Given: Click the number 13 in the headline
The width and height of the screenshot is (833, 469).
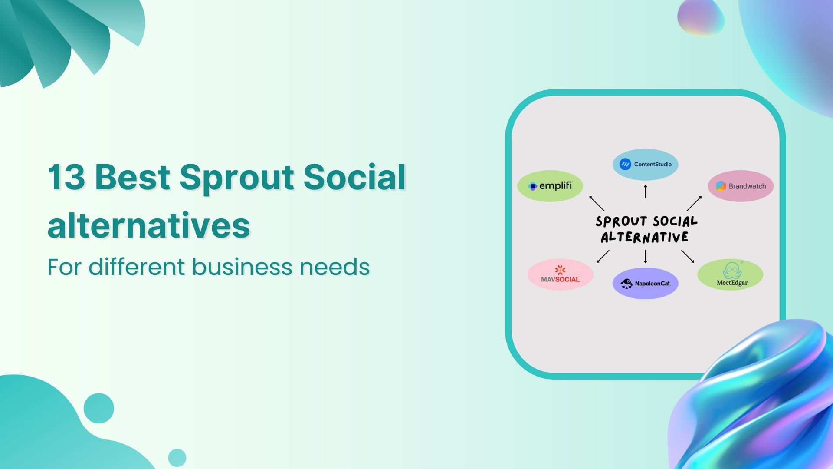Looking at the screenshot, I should (x=66, y=177).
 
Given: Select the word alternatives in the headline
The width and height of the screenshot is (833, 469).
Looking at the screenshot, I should (x=148, y=226).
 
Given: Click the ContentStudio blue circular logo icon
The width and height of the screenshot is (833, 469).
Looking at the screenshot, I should (x=625, y=164).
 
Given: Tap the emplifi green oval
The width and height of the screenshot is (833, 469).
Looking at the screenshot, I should (x=550, y=186).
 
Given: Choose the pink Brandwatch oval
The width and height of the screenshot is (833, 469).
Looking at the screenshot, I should (x=741, y=186).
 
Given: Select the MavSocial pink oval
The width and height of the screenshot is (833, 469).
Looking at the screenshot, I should (x=560, y=274).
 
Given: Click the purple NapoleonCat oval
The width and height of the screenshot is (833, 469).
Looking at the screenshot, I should (x=645, y=283).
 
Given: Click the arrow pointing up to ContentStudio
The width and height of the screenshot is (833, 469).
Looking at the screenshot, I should (x=646, y=191).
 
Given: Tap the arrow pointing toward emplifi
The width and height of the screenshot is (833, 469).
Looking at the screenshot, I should (x=597, y=203).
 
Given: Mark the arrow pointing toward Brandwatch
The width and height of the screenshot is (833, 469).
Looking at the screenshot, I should (x=694, y=203).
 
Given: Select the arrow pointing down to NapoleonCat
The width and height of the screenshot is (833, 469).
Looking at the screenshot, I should (x=646, y=257).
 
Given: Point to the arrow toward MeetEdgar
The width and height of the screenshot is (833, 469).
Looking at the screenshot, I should (x=688, y=256).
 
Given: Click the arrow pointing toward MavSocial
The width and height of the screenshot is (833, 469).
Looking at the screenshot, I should (x=603, y=256).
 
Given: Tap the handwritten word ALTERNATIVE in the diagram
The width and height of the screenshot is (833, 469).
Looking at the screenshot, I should (x=644, y=238).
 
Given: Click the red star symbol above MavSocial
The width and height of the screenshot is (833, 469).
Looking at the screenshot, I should (x=560, y=270).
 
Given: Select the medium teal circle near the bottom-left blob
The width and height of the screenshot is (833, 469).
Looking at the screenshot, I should (x=99, y=408).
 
